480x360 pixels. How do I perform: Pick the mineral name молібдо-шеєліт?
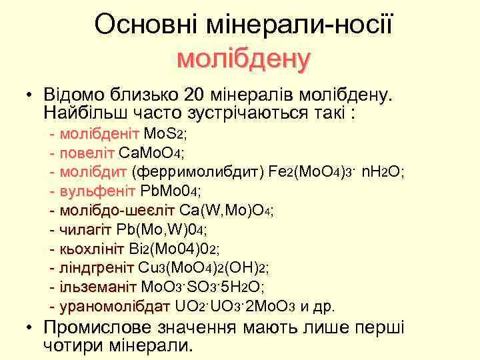[117, 211]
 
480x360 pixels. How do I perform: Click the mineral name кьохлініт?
[92, 249]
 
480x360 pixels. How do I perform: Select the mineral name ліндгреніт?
[97, 269]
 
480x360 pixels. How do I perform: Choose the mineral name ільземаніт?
[98, 288]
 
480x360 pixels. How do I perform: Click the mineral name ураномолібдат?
[115, 307]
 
